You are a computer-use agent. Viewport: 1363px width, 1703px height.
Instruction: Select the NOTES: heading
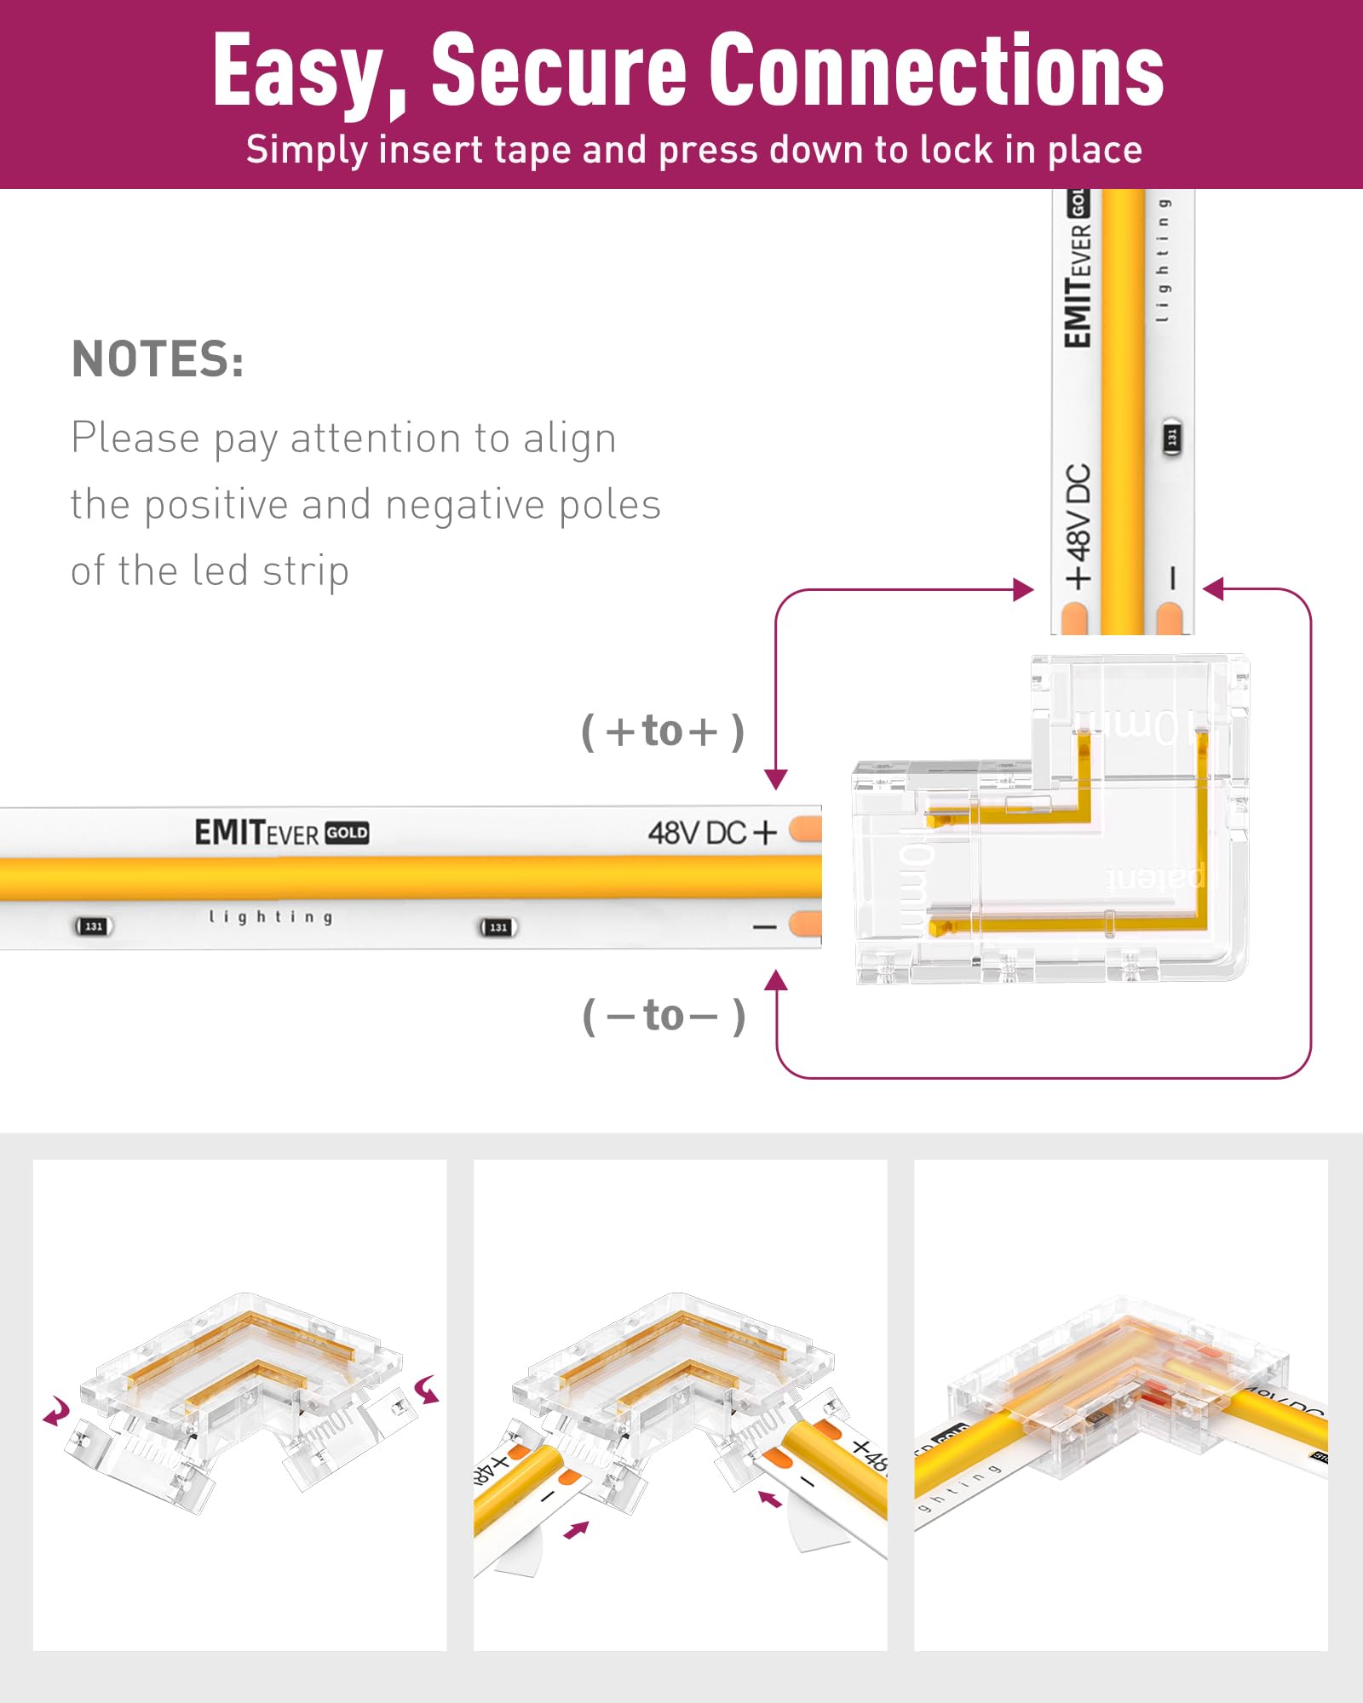coord(158,359)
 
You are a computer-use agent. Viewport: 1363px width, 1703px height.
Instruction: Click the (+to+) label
coord(663,731)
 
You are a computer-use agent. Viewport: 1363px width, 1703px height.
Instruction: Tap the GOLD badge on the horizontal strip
coord(347,833)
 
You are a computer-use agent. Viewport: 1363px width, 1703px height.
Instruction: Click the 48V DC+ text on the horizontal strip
coord(712,832)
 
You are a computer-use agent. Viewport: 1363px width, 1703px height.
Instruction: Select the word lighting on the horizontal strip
coord(271,917)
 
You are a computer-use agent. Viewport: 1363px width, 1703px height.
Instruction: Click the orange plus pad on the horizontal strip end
coord(805,829)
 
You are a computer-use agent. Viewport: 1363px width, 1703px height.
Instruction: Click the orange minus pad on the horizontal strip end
coord(805,924)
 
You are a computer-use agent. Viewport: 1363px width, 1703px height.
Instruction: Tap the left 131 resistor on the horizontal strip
coord(94,926)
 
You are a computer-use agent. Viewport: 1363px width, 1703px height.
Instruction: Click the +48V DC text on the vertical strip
coord(1078,525)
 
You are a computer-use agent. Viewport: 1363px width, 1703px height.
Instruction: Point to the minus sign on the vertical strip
coord(1172,578)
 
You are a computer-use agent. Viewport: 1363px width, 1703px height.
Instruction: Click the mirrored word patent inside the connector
coord(1154,877)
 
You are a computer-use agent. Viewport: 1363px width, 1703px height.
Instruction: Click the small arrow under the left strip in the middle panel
coord(577,1530)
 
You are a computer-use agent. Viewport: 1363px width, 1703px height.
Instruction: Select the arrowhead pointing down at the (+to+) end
coord(775,778)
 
